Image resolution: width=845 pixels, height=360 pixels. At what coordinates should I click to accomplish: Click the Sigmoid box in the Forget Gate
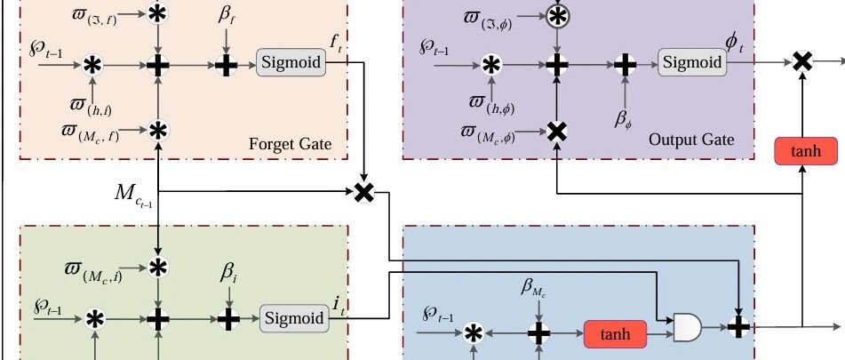291,62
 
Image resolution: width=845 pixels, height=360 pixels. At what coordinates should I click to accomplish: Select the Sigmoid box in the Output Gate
692,62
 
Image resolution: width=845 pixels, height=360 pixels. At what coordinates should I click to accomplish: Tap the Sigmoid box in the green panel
295,318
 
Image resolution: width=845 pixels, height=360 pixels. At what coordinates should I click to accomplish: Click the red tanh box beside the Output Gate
806,151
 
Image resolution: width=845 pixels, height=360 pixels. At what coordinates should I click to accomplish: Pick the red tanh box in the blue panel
615,334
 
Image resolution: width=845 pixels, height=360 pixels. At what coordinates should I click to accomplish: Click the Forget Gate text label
290,144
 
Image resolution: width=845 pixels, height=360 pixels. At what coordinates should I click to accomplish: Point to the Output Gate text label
691,140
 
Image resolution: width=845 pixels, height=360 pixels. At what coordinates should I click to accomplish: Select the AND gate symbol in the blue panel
688,327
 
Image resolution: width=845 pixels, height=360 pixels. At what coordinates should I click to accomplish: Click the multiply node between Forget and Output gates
364,192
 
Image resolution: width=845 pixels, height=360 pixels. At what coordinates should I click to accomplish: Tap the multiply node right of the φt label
802,62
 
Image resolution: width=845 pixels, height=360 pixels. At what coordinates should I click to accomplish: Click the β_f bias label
227,16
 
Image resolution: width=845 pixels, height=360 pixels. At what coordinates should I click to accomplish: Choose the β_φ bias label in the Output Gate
624,119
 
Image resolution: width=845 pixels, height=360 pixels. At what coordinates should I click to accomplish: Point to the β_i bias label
228,274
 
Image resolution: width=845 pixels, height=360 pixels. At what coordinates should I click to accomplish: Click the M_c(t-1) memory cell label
133,195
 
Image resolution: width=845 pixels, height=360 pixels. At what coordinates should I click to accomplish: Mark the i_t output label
339,305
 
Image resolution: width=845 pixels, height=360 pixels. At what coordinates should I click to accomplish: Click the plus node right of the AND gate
738,326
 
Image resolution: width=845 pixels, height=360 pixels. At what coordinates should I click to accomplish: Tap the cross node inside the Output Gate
557,132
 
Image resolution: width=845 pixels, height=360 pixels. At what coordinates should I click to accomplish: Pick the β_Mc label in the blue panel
533,288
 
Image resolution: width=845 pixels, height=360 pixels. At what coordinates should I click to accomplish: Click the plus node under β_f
227,65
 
